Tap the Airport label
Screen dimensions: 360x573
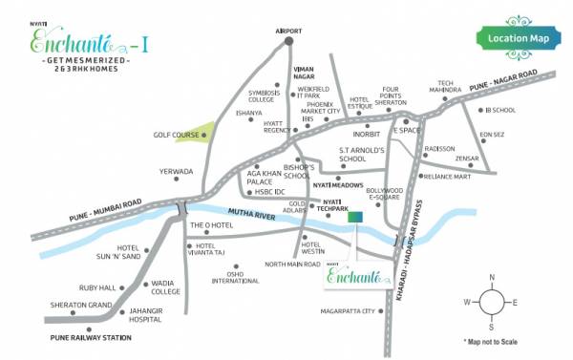(288, 30)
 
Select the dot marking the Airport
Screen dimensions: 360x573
(288, 40)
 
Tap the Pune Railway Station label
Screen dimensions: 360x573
(91, 338)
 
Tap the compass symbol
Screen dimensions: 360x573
(491, 303)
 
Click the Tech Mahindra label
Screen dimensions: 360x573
(457, 87)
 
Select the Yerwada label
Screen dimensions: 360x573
(176, 172)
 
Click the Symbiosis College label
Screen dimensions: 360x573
(261, 95)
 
